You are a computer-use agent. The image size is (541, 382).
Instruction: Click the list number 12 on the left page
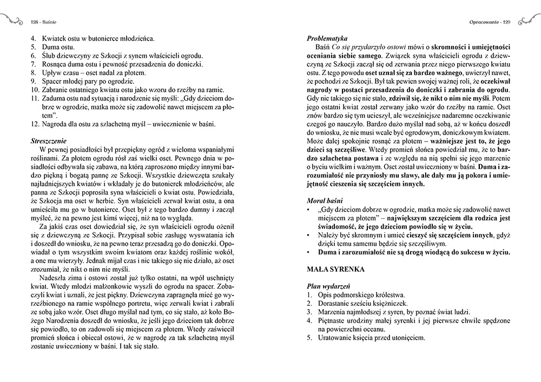pos(35,125)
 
